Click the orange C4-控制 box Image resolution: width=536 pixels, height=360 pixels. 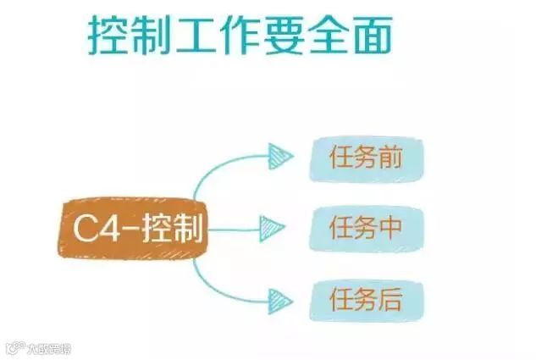pos(135,227)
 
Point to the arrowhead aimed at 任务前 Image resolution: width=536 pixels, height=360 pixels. pos(278,155)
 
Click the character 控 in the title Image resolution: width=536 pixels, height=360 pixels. pos(111,36)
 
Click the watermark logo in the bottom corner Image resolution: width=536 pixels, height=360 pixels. pos(13,348)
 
